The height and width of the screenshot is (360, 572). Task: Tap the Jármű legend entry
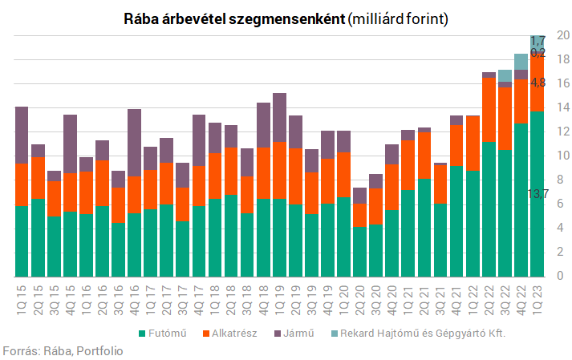pyautogui.click(x=299, y=332)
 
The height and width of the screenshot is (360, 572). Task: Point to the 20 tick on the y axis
pyautogui.click(x=563, y=35)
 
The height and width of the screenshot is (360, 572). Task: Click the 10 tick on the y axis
pyautogui.click(x=563, y=156)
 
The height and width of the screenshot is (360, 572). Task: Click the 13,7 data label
pyautogui.click(x=538, y=194)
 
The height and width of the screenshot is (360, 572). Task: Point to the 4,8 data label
pyautogui.click(x=538, y=83)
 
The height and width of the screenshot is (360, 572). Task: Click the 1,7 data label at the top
pyautogui.click(x=538, y=40)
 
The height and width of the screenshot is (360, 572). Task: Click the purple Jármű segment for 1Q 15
pyautogui.click(x=22, y=135)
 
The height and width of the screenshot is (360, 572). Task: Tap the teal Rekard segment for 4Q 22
pyautogui.click(x=521, y=62)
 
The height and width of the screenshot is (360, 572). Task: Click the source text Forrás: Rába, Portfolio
pyautogui.click(x=63, y=350)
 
